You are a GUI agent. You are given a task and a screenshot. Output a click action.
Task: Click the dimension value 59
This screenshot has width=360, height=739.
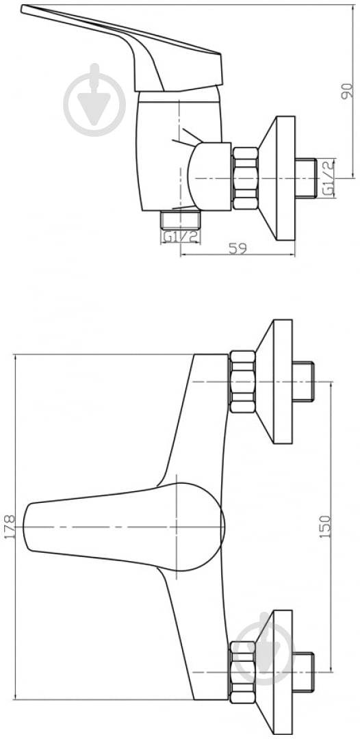pyautogui.click(x=238, y=248)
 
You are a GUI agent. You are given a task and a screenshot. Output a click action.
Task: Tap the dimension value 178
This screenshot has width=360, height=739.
pyautogui.click(x=10, y=526)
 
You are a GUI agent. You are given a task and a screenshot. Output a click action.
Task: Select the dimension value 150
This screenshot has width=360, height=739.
pyautogui.click(x=326, y=526)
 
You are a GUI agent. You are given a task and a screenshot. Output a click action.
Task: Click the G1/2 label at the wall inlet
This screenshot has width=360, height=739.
pyautogui.click(x=328, y=178)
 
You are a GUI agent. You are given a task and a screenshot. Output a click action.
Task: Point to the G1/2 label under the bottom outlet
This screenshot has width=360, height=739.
pyautogui.click(x=181, y=237)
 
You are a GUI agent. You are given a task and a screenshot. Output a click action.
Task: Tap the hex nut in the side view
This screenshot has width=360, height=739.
pyautogui.click(x=245, y=178)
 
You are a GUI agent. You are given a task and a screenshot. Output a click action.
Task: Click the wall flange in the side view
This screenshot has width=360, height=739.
pyautogui.click(x=277, y=178)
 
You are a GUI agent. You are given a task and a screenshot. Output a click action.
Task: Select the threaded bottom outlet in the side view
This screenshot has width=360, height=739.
pyautogui.click(x=181, y=220)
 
